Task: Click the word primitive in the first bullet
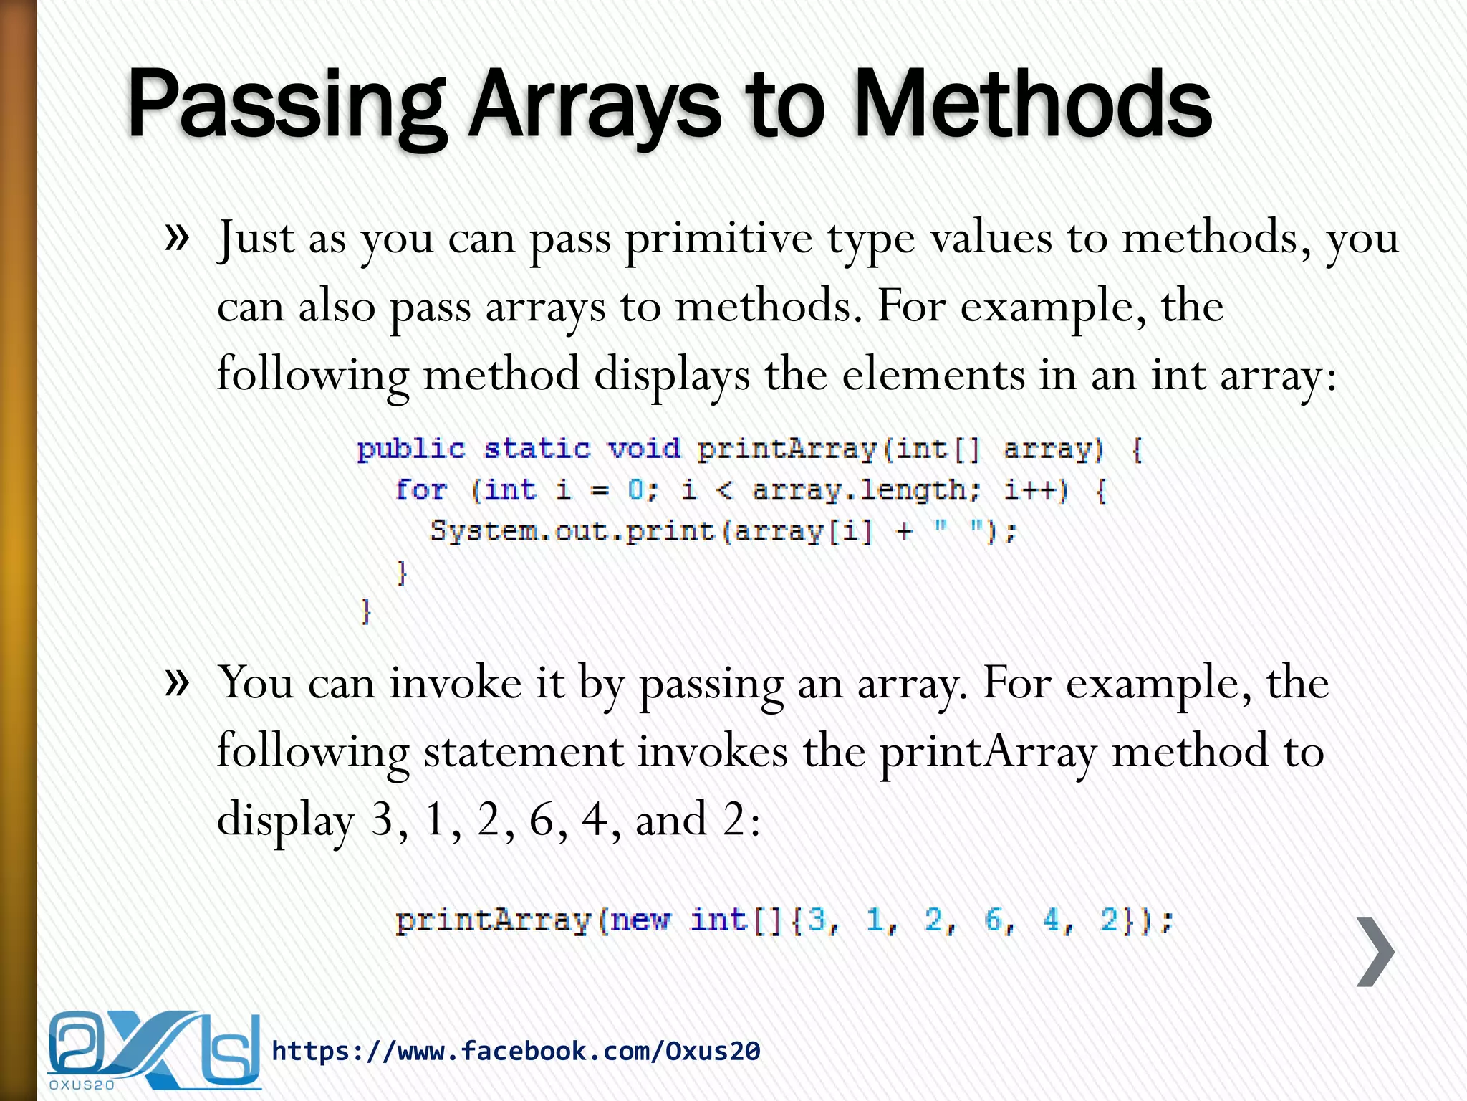tap(719, 238)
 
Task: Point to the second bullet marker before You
tap(177, 682)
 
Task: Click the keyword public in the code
tap(411, 449)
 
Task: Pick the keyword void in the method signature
tap(643, 449)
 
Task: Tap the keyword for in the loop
tap(421, 490)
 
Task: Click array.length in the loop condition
tap(866, 490)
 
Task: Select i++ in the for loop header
tap(1035, 490)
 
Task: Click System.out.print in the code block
tap(572, 531)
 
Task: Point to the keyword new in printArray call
tap(642, 920)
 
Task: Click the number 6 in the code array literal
tap(994, 920)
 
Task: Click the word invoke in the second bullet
tap(456, 682)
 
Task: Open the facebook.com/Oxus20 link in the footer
tap(516, 1052)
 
